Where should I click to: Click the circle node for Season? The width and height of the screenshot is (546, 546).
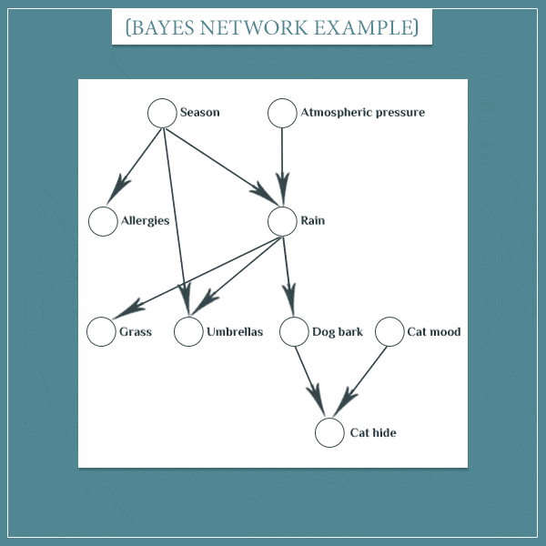(162, 113)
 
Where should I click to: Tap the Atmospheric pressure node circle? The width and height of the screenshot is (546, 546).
(283, 113)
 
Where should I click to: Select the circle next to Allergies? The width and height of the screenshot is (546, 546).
(103, 221)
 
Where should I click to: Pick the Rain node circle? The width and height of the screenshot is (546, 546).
(283, 221)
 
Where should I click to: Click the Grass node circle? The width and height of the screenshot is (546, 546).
(101, 332)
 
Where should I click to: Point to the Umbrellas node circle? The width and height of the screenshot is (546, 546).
(188, 332)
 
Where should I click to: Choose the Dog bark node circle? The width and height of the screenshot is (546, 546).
(294, 332)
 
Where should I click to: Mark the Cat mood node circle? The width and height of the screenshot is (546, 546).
(389, 332)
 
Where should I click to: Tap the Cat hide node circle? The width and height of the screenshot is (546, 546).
(329, 433)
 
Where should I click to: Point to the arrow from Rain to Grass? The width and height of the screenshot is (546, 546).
(200, 273)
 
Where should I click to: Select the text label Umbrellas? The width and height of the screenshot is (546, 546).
(235, 332)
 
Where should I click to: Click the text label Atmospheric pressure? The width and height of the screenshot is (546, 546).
(362, 113)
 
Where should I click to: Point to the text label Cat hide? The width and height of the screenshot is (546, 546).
(373, 433)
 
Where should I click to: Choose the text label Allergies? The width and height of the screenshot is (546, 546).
(146, 221)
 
